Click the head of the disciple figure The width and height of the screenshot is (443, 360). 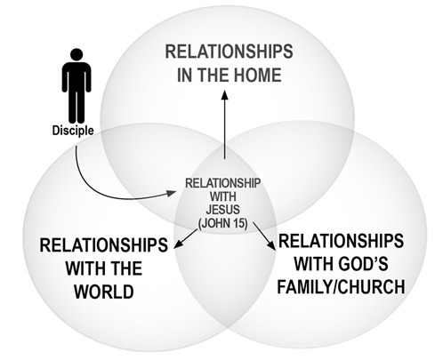(77, 55)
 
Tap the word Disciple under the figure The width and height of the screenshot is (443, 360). (73, 131)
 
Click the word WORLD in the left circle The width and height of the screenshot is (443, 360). (104, 292)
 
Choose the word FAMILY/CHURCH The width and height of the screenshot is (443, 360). (341, 286)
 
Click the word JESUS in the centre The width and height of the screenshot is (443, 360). (222, 210)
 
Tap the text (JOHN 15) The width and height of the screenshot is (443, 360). (222, 223)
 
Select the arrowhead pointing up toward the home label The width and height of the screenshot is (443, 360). (225, 95)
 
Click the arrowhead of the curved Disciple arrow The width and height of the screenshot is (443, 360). (171, 193)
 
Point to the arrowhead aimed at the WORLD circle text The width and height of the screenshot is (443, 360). (178, 244)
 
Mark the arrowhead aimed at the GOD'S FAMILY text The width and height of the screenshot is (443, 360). (271, 245)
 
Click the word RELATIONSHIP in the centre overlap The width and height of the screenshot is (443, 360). (222, 183)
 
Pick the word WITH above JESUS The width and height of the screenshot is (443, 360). (222, 196)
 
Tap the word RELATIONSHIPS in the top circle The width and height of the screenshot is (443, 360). (229, 52)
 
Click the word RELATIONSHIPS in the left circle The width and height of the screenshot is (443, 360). (103, 245)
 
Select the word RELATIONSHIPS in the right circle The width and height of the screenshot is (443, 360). (341, 241)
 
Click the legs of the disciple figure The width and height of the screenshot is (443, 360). (77, 107)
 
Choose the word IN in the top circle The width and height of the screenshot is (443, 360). (185, 75)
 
